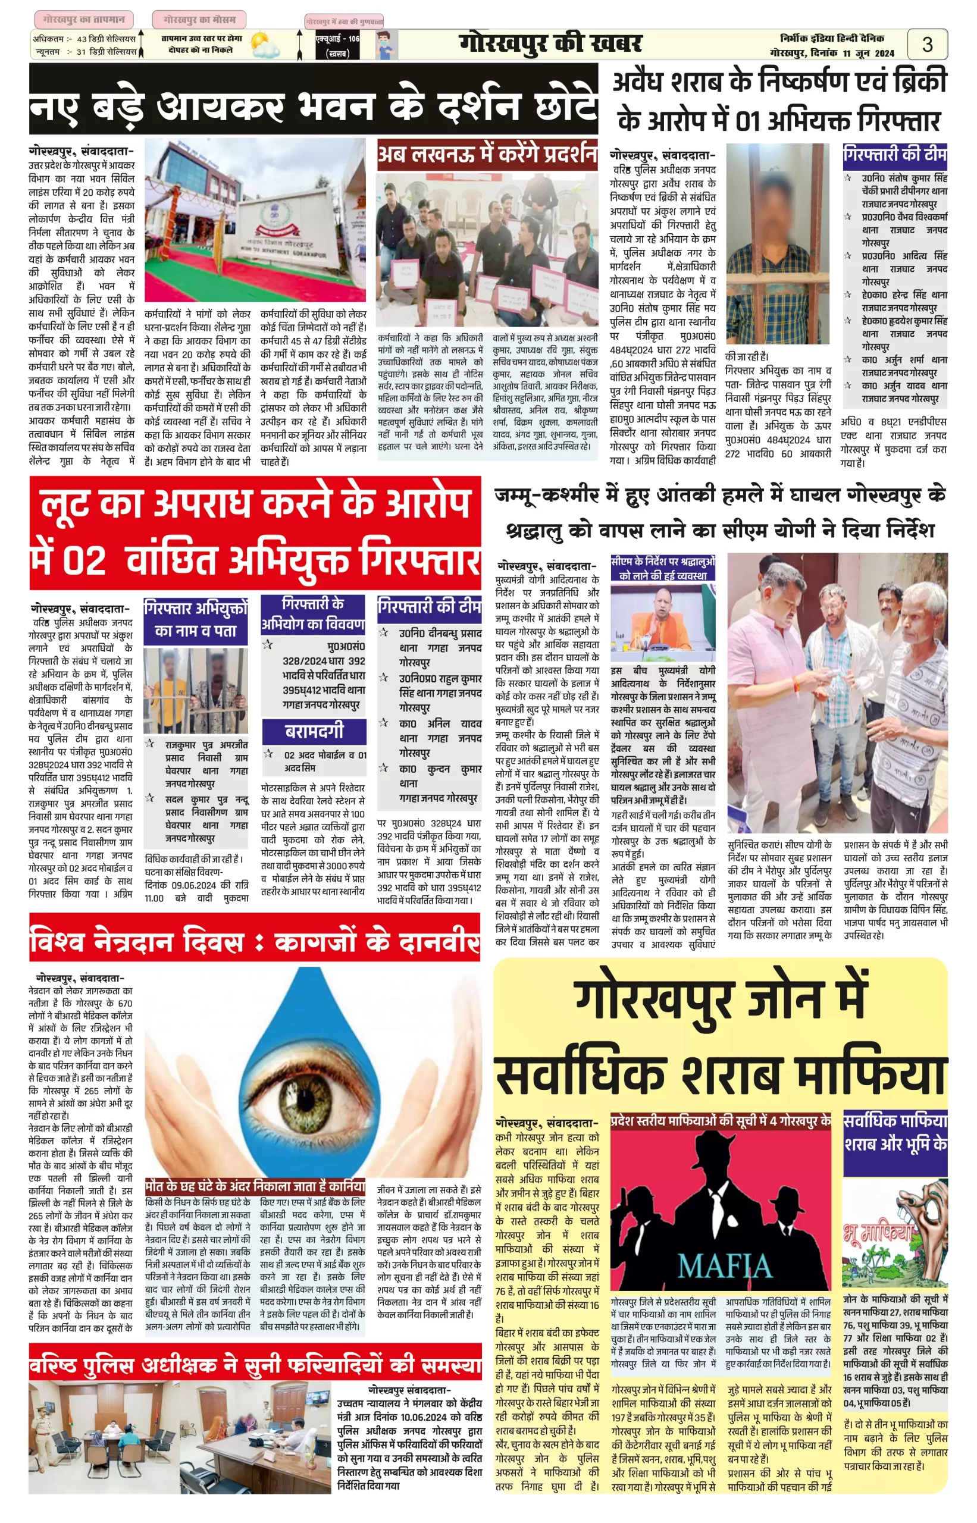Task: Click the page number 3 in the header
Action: [927, 45]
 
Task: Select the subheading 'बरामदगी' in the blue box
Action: [314, 731]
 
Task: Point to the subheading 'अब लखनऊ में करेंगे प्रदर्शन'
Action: [487, 154]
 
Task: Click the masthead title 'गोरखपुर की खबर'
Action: [550, 44]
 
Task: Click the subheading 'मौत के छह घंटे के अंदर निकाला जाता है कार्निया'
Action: [255, 1186]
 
